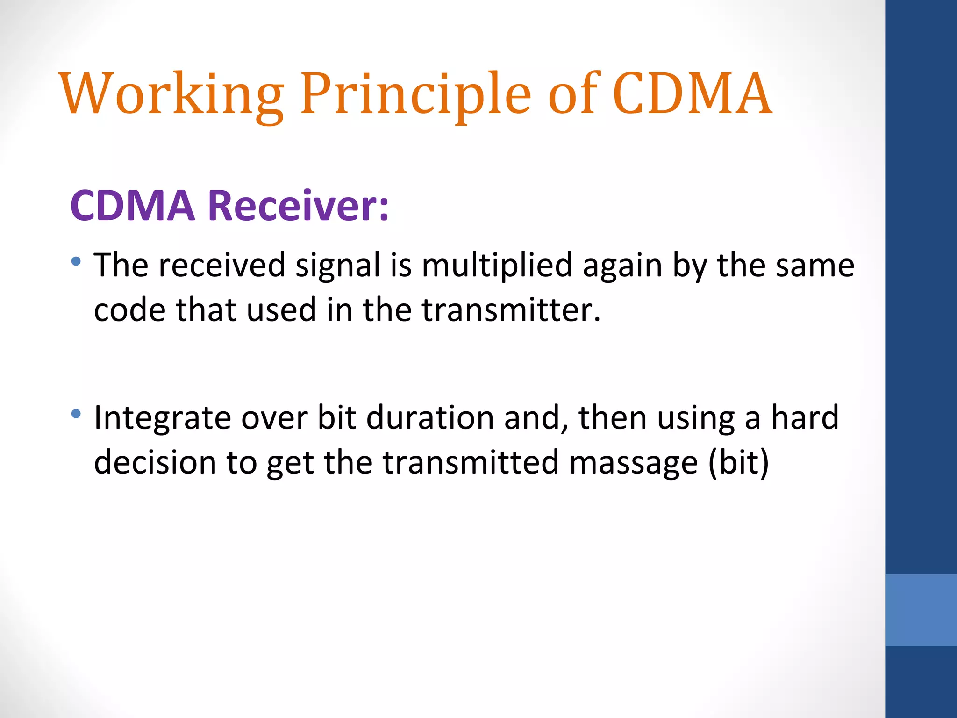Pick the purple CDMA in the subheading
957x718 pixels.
(133, 206)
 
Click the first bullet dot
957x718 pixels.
(76, 261)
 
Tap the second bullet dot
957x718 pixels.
(76, 414)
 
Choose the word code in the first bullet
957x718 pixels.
(129, 310)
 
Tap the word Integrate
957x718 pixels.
(162, 418)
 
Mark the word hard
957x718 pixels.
(805, 418)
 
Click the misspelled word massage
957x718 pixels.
(634, 462)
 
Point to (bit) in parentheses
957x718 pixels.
(738, 462)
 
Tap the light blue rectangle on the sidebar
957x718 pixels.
(921, 610)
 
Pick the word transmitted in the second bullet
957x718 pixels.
(471, 462)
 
